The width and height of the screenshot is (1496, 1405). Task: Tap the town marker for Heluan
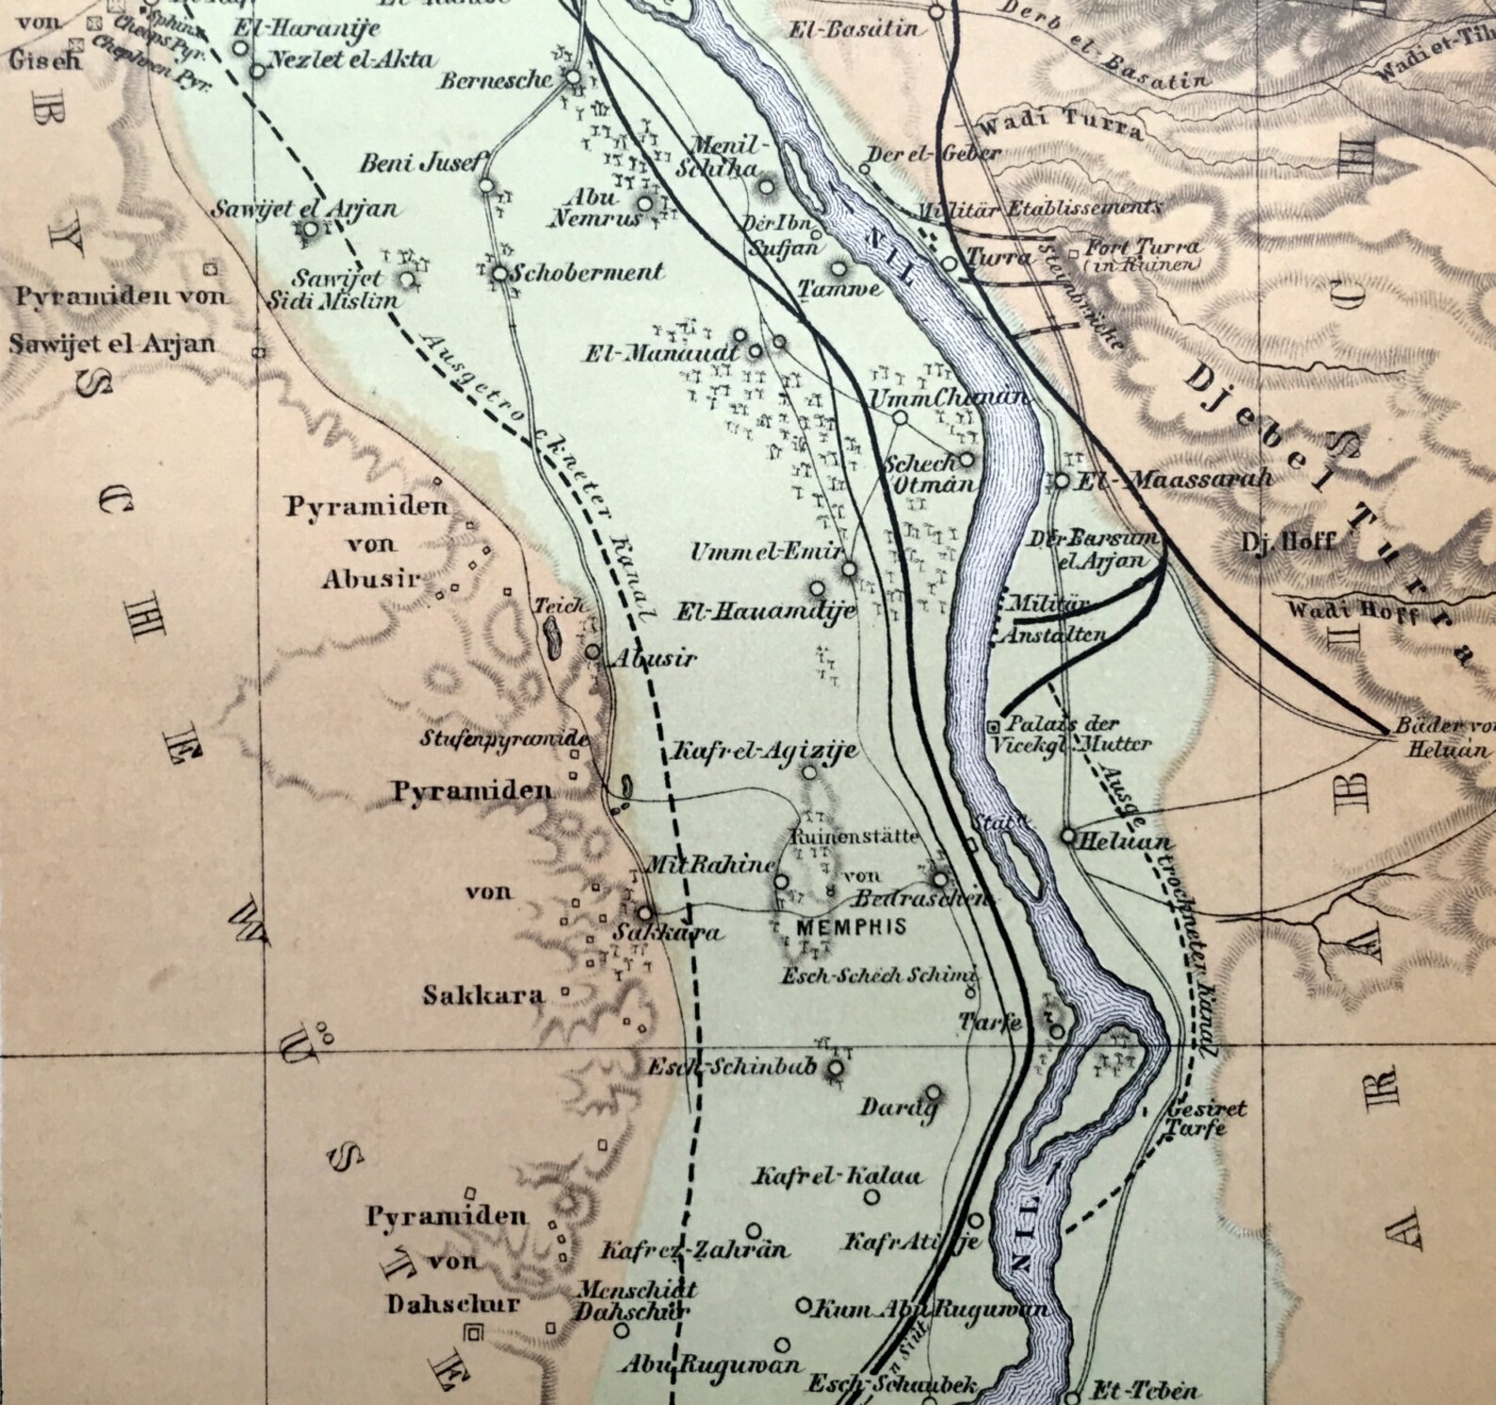click(x=1067, y=834)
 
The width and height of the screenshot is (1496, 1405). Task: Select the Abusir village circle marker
click(x=593, y=652)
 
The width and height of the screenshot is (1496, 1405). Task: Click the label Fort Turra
click(x=1144, y=249)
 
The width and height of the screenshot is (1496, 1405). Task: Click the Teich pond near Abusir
click(x=552, y=640)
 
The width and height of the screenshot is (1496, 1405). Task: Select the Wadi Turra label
click(x=1060, y=125)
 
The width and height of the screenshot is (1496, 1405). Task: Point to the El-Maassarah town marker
click(x=1061, y=480)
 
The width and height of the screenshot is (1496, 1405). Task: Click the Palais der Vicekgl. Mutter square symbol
click(x=994, y=726)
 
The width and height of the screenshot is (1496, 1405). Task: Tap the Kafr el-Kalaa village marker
click(x=871, y=1197)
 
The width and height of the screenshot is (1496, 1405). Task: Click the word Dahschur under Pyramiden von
click(x=440, y=1304)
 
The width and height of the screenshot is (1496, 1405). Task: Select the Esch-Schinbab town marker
click(x=835, y=1068)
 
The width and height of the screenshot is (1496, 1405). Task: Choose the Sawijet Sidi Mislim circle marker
click(x=407, y=279)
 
